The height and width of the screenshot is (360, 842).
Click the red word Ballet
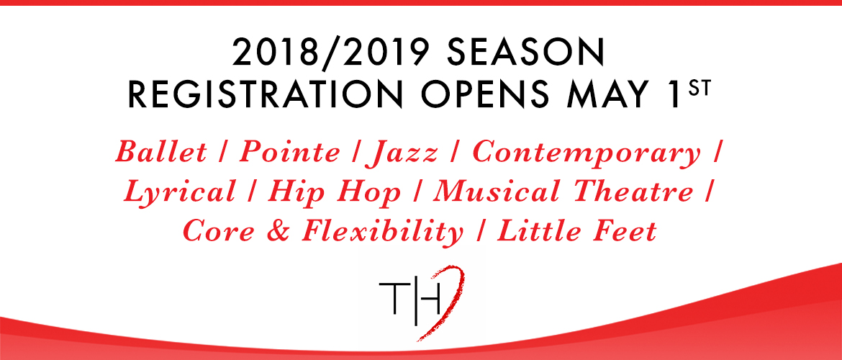point(161,151)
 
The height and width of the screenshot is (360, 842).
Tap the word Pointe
point(289,151)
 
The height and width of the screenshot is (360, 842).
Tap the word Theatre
point(632,192)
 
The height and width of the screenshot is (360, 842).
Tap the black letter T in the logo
point(393,299)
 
